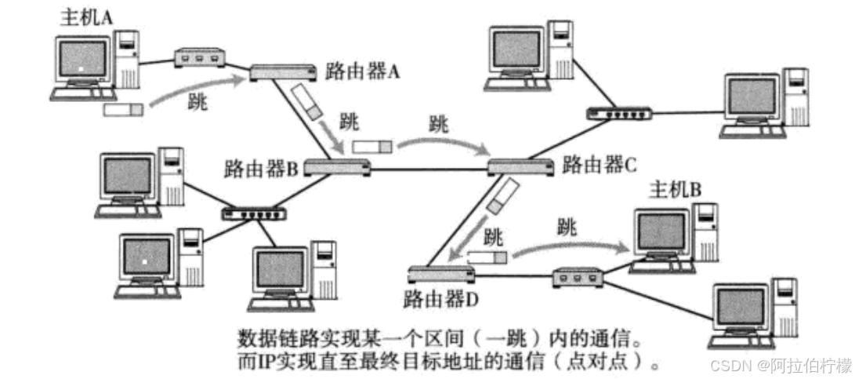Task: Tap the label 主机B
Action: coord(676,188)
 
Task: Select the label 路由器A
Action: coord(363,71)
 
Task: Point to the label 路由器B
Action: coord(259,166)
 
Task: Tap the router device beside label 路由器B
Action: coord(337,166)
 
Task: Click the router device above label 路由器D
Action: coord(441,274)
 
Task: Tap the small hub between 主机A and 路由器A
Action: coord(199,57)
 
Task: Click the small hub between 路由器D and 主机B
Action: coord(578,276)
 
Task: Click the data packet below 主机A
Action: coord(123,110)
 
